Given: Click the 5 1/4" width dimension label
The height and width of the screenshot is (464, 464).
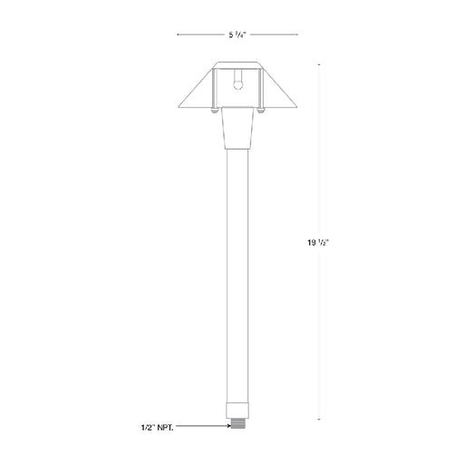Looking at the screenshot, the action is point(237,34).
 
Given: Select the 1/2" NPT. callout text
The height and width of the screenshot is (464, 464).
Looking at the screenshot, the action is point(158,428).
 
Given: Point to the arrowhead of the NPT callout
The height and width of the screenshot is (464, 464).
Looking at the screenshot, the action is point(228,426).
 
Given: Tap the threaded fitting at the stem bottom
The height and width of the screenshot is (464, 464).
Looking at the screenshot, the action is point(237,423).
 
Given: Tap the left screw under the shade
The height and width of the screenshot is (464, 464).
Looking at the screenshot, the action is point(214,111).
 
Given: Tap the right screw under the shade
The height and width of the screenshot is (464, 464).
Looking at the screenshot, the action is point(260,111).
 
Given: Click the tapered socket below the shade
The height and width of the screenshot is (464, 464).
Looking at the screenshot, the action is point(237,128).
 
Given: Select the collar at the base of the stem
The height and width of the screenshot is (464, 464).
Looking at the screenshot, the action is point(237,411).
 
